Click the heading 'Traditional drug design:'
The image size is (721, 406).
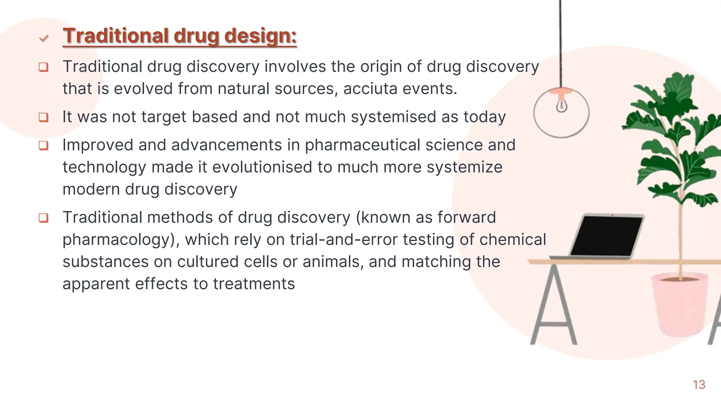[x=180, y=36]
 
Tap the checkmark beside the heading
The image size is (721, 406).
[x=44, y=38]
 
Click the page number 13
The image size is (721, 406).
[x=699, y=385]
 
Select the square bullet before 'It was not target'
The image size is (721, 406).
[x=43, y=117]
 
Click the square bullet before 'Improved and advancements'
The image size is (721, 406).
[x=43, y=145]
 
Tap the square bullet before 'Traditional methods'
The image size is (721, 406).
[x=43, y=218]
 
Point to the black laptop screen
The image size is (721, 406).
[x=606, y=235]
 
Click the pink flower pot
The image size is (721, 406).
[x=679, y=305]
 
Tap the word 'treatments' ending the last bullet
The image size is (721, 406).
[x=254, y=284]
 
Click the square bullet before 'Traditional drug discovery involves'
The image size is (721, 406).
[x=43, y=67]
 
